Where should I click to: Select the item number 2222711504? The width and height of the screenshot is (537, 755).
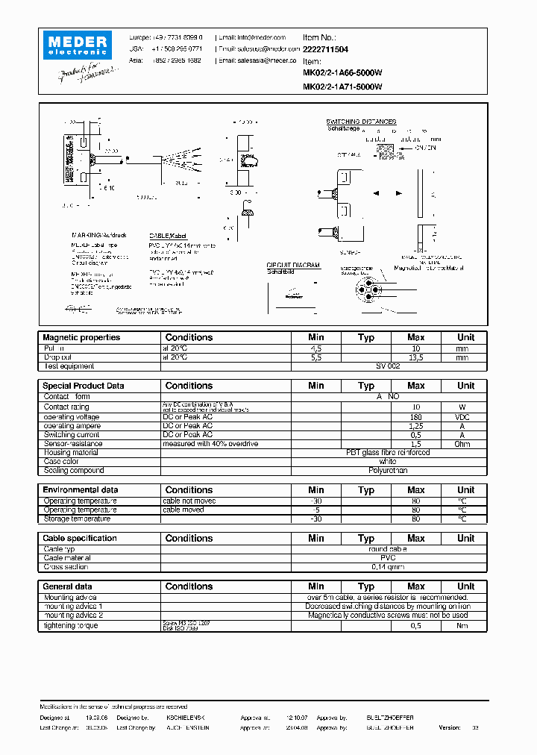coord(326,49)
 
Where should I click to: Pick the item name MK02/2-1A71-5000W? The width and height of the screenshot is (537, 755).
coord(342,87)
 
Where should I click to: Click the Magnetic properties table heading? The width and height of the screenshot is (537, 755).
coord(81,337)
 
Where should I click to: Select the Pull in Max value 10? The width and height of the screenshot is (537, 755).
coord(416,348)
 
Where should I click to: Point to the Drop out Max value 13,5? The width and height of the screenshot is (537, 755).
coord(416,357)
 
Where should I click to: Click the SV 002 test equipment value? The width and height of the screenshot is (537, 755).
coord(388,366)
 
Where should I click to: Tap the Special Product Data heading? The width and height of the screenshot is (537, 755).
coord(84,386)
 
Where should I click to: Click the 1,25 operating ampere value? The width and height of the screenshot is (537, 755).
coord(416,426)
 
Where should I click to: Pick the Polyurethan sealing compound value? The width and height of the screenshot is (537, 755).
coord(388,471)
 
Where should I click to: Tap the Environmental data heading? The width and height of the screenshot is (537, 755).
coord(81,490)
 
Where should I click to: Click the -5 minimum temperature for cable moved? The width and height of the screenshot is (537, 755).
coord(316,510)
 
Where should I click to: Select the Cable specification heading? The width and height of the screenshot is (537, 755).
coord(80,538)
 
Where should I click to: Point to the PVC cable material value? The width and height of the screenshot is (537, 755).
coord(388,558)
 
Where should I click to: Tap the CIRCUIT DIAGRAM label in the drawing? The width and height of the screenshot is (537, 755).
coord(293,265)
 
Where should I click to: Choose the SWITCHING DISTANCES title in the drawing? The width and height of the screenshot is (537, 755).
coord(361,122)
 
